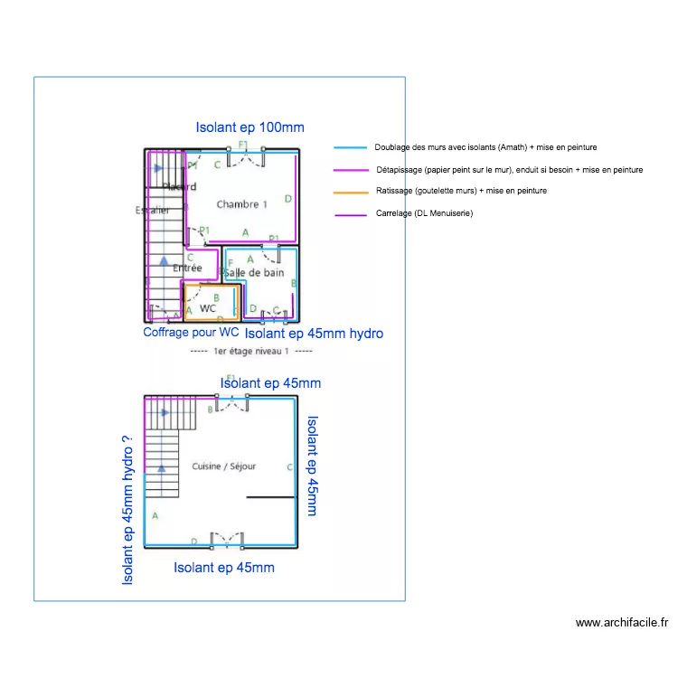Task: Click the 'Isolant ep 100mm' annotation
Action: pyautogui.click(x=250, y=127)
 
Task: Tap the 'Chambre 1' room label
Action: pyautogui.click(x=241, y=204)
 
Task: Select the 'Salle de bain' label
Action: pyautogui.click(x=254, y=272)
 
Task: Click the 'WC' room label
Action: pyautogui.click(x=208, y=308)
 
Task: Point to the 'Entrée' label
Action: pyautogui.click(x=187, y=268)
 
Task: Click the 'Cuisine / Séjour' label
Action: pyautogui.click(x=224, y=466)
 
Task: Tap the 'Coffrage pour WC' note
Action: pyautogui.click(x=191, y=333)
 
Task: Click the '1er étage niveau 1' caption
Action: pyautogui.click(x=252, y=351)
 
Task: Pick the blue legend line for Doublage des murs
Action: pyautogui.click(x=351, y=147)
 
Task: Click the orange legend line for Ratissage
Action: pyautogui.click(x=351, y=192)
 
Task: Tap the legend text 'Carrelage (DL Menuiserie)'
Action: pyautogui.click(x=424, y=213)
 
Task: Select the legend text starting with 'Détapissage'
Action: pyautogui.click(x=509, y=169)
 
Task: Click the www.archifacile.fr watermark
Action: pyautogui.click(x=622, y=623)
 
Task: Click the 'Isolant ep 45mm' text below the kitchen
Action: pyautogui.click(x=224, y=568)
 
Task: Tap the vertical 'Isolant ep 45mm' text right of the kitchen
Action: pyautogui.click(x=312, y=466)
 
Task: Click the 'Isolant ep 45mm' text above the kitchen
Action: pyautogui.click(x=270, y=383)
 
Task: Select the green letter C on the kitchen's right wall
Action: pyautogui.click(x=289, y=467)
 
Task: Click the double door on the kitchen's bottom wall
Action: pyautogui.click(x=227, y=540)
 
